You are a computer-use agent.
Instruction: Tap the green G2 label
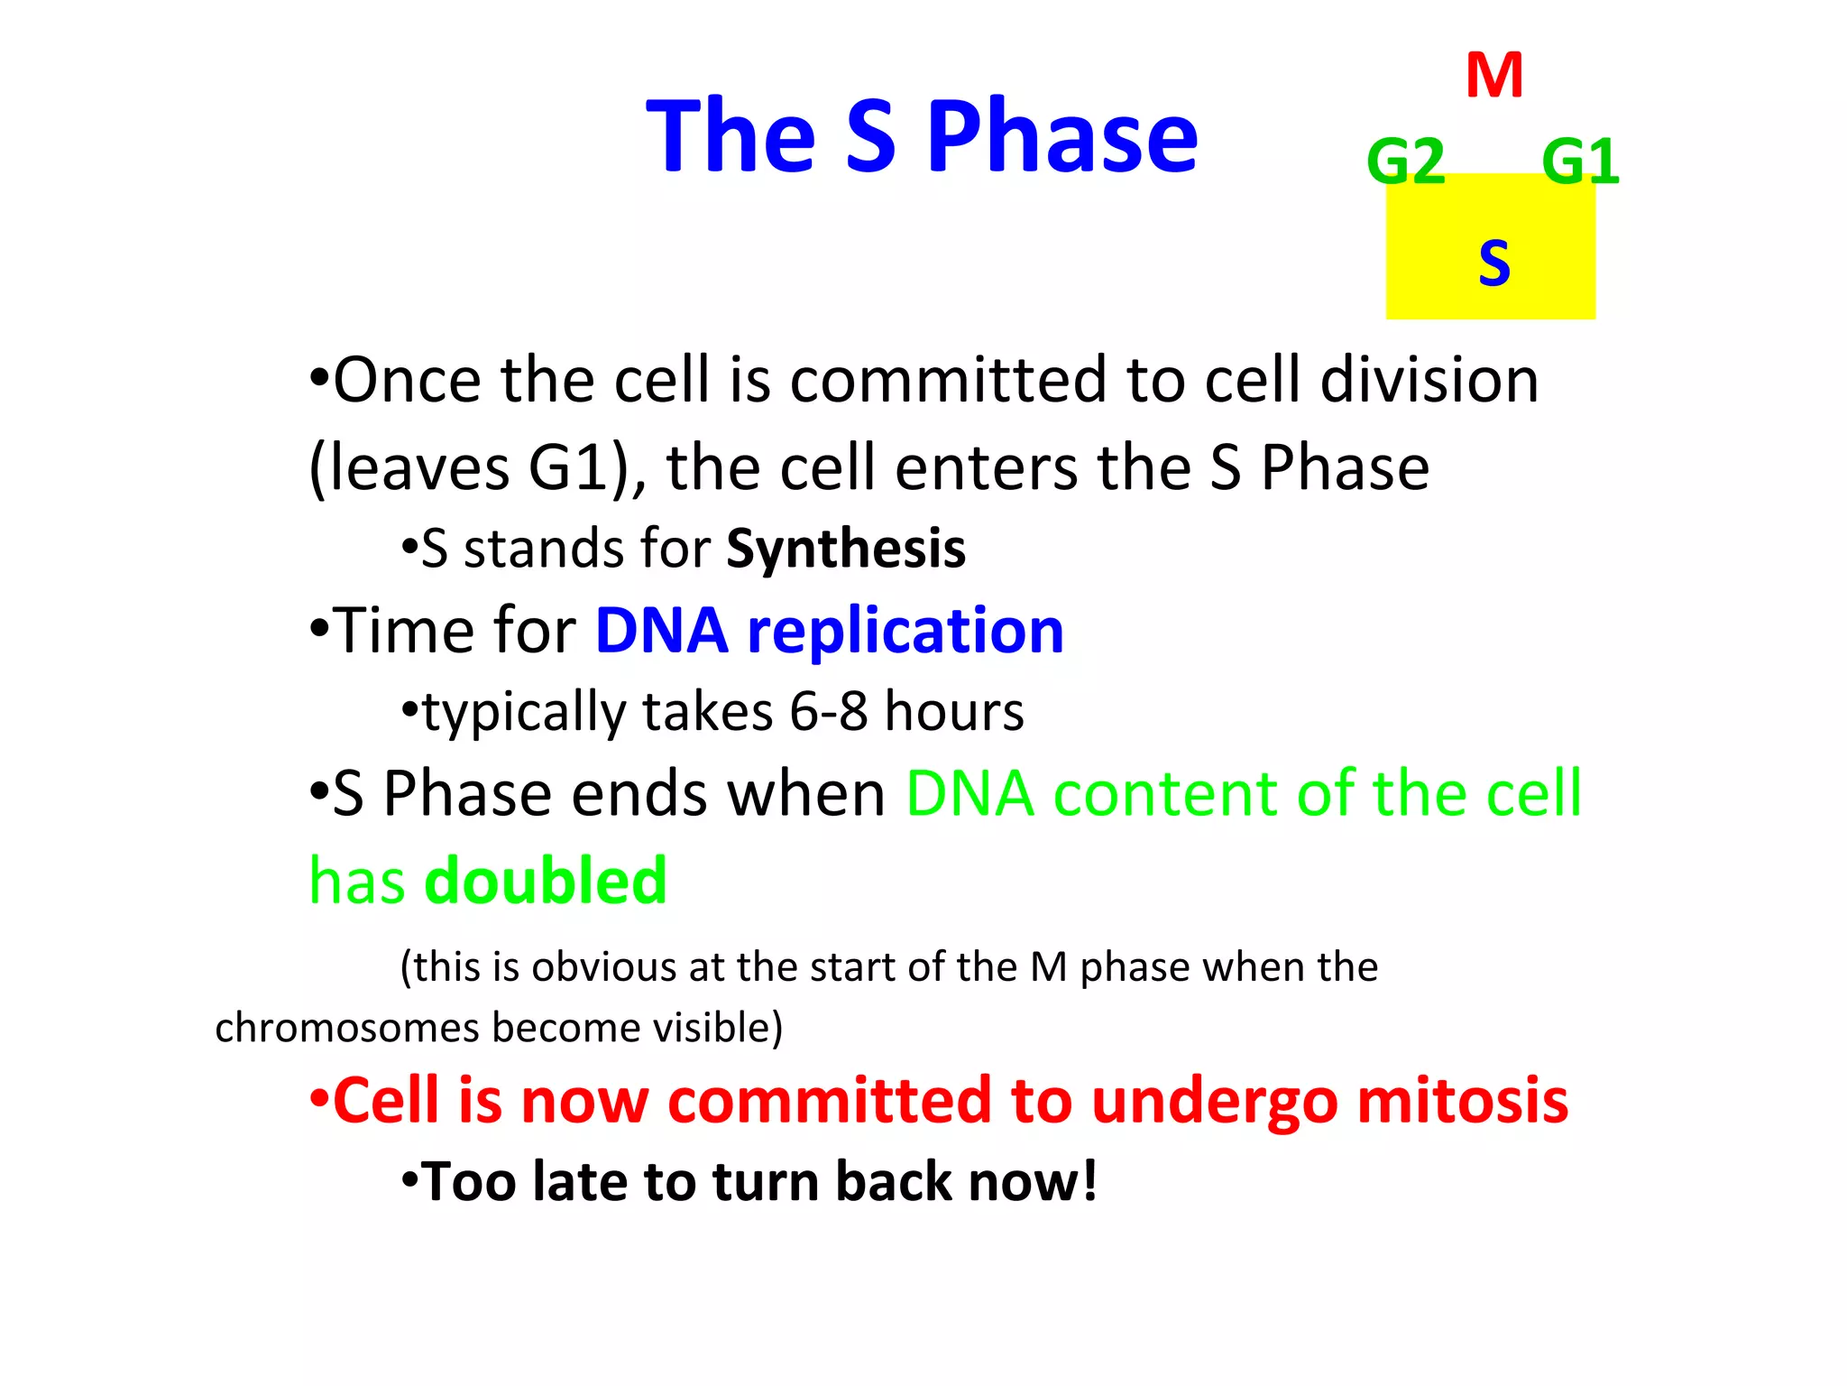tap(1405, 162)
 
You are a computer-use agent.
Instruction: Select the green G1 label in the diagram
tap(1580, 162)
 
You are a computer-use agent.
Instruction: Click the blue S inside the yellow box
tap(1493, 263)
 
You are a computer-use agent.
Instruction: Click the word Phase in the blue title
tap(1061, 137)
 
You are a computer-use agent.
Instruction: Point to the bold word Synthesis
tap(845, 549)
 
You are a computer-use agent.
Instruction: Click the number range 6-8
tap(828, 711)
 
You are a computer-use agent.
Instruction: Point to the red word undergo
tap(1214, 1103)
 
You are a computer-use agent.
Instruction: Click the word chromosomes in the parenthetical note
tap(346, 1028)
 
